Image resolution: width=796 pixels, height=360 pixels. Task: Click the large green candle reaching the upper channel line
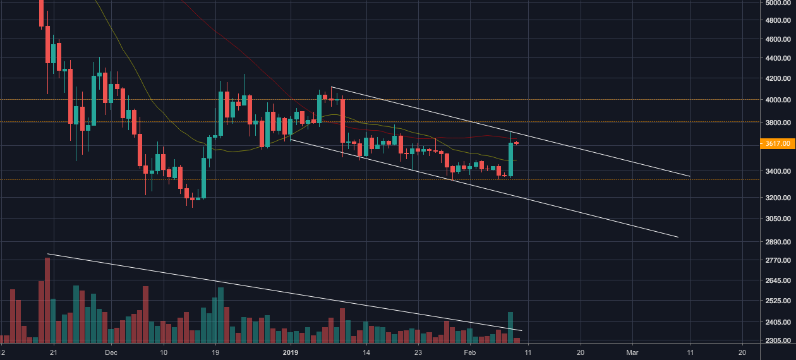point(510,159)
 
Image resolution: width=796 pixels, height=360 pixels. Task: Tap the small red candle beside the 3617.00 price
point(517,143)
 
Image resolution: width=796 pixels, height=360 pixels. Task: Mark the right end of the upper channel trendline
point(689,176)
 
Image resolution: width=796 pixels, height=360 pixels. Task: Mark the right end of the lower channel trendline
point(678,237)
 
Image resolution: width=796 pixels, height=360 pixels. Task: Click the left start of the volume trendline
point(48,254)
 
